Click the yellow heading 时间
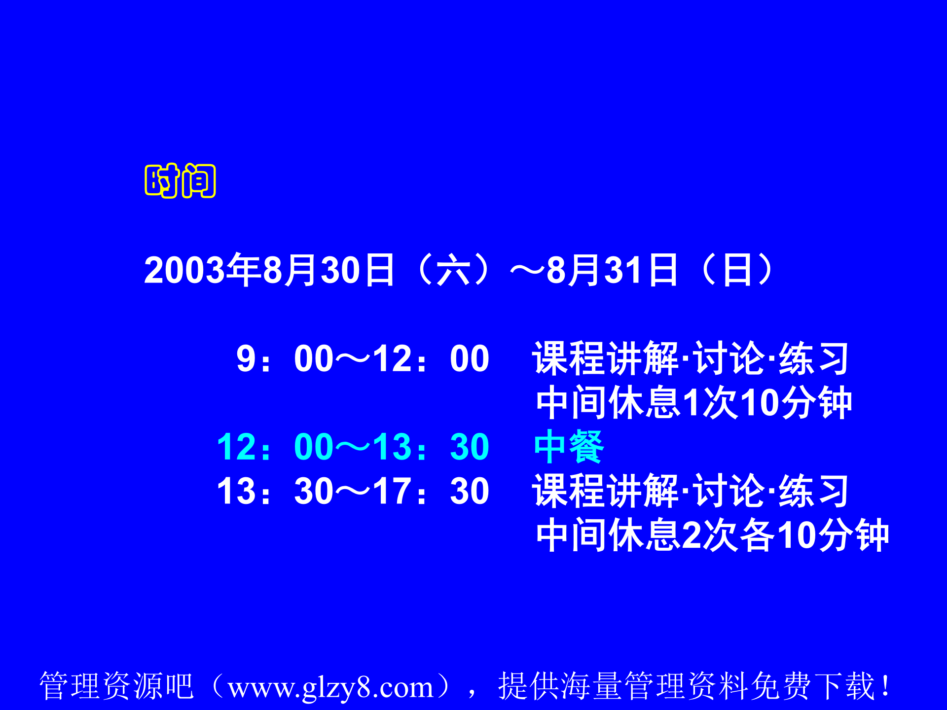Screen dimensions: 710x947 [x=180, y=180]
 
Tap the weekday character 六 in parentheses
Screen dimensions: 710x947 [x=453, y=270]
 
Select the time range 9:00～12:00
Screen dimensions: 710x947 [x=363, y=358]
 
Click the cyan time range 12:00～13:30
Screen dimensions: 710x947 [x=353, y=447]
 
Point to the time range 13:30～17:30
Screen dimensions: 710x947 [x=353, y=491]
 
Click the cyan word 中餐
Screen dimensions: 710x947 [x=569, y=447]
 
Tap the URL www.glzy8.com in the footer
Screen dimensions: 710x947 [x=330, y=686]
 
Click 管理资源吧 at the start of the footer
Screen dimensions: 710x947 [x=116, y=686]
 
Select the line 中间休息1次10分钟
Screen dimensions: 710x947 [x=693, y=403]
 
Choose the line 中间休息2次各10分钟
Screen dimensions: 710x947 [x=712, y=535]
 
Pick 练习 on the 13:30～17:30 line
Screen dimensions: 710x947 [x=813, y=491]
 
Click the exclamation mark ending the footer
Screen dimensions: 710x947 [x=886, y=686]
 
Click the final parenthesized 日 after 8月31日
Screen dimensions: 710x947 [x=737, y=270]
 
